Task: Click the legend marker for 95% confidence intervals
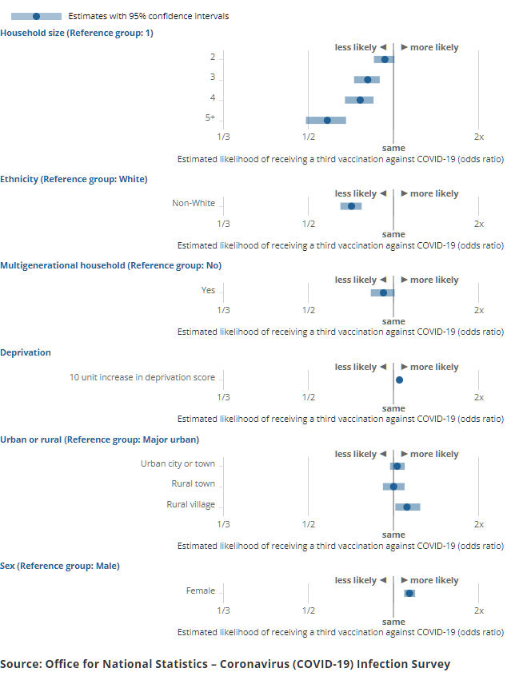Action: click(x=36, y=16)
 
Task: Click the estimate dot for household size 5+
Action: click(x=327, y=120)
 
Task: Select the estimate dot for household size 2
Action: click(x=385, y=59)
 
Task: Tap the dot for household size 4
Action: click(x=360, y=100)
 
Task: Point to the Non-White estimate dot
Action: click(x=351, y=206)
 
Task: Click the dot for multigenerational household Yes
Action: click(x=384, y=292)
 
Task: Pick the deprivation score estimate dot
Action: click(x=399, y=380)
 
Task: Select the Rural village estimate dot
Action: click(x=407, y=507)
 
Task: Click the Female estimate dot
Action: click(x=409, y=593)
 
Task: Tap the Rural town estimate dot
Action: click(x=393, y=486)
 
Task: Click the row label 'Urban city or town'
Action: click(x=178, y=463)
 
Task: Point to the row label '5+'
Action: click(x=210, y=117)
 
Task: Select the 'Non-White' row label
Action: click(x=194, y=203)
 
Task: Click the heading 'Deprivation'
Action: click(x=26, y=352)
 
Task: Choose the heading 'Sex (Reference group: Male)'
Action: click(x=60, y=566)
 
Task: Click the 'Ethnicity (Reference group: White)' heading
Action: click(x=74, y=179)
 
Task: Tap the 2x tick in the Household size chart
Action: click(x=478, y=137)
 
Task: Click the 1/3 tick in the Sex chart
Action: click(x=223, y=610)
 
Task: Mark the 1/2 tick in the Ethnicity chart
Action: click(x=308, y=224)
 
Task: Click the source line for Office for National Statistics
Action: click(x=225, y=664)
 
